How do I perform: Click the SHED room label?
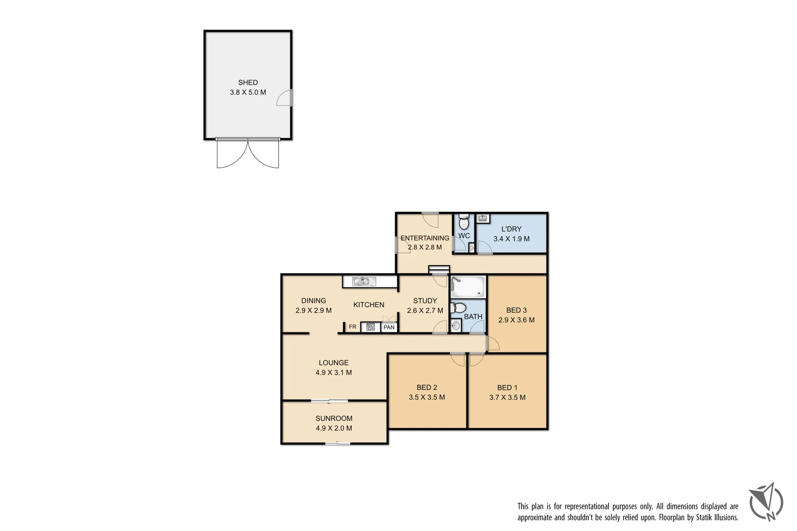tap(248, 83)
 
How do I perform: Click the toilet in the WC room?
tap(463, 222)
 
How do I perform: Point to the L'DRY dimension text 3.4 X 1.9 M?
tap(512, 239)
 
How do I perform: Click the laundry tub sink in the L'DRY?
tap(483, 218)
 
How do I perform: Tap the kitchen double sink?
tap(364, 281)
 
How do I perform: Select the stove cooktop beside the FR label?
tap(370, 327)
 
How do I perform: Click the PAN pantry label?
tap(389, 327)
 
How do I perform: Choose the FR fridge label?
tap(352, 327)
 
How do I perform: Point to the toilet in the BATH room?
tap(458, 308)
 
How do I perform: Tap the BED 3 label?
tap(517, 310)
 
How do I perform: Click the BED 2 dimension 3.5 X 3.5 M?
tap(427, 397)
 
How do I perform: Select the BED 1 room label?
tap(507, 387)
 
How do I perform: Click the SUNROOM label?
tap(334, 418)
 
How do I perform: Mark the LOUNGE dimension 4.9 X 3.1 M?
tap(334, 373)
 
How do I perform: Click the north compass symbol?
tap(767, 502)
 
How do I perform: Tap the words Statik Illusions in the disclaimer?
tap(717, 517)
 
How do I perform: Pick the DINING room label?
tap(313, 300)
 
